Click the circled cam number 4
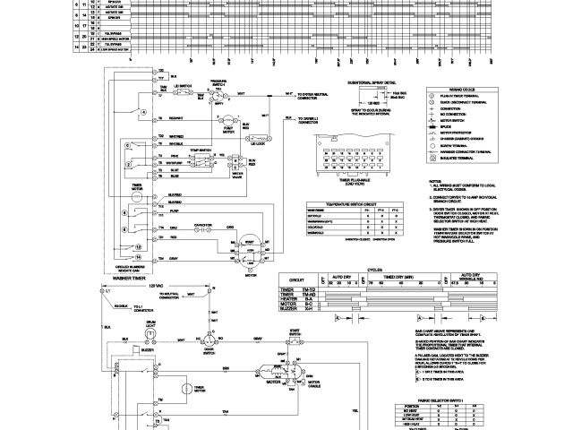[142, 113]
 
